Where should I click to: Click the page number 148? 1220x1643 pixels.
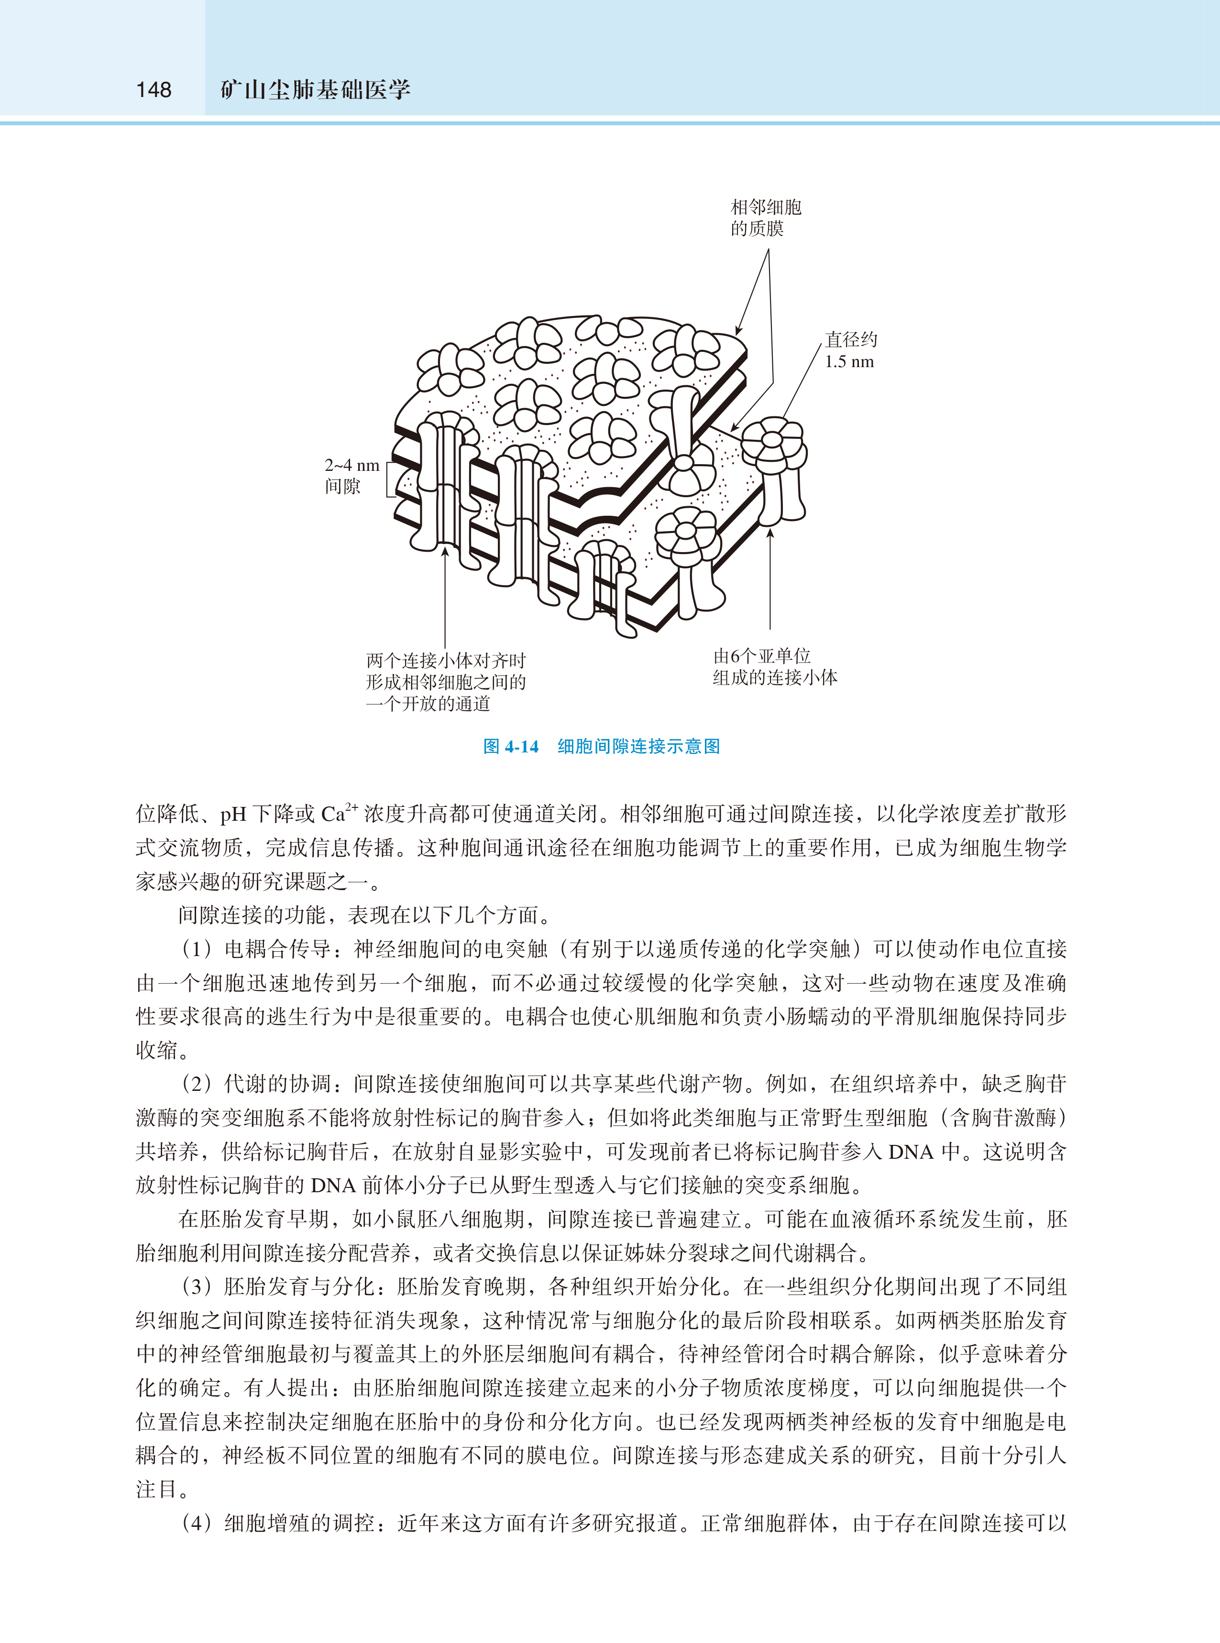pyautogui.click(x=154, y=90)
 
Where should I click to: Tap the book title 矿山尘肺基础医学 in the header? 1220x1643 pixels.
pyautogui.click(x=315, y=90)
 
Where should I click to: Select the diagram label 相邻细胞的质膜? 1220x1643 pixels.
pyautogui.click(x=765, y=218)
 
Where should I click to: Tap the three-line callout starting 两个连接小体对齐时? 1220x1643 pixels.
pyautogui.click(x=445, y=682)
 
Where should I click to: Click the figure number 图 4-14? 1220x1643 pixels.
pyautogui.click(x=510, y=746)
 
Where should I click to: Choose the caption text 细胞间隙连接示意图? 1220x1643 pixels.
pyautogui.click(x=638, y=746)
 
